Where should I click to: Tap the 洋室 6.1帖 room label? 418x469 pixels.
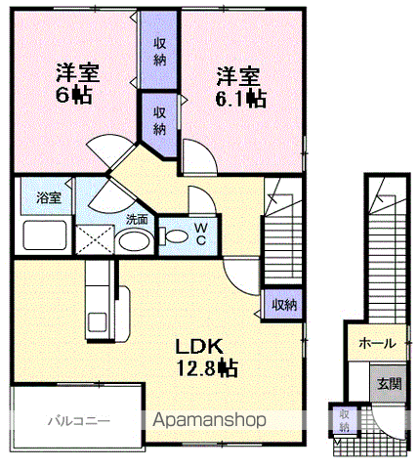tap(236, 86)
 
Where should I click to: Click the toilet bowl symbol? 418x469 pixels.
tap(175, 235)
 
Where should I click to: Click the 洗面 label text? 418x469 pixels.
tap(137, 220)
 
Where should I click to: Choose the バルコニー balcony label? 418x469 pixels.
tap(78, 422)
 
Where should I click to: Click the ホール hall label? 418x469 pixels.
tap(377, 343)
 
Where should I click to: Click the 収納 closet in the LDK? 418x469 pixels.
tap(284, 305)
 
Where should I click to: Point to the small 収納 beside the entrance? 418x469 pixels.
tap(344, 419)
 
